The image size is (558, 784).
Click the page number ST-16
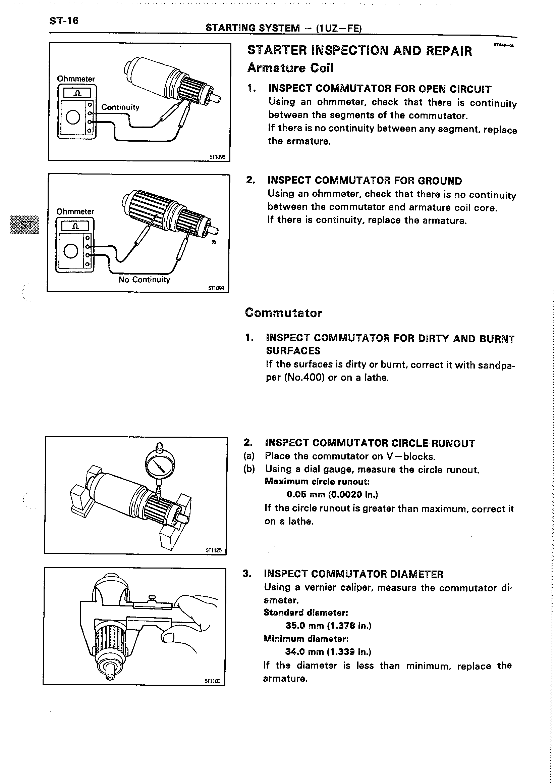point(64,21)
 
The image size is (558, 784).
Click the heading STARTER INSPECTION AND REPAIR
point(359,51)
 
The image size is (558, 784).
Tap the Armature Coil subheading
point(290,68)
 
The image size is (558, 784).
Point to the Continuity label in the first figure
point(120,107)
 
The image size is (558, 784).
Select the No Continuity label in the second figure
point(144,280)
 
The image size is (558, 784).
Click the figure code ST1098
point(217,157)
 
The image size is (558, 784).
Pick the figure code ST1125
point(214,550)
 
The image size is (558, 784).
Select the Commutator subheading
point(283,313)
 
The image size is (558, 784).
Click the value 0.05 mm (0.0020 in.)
point(332,494)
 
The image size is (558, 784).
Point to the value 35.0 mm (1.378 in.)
point(328,626)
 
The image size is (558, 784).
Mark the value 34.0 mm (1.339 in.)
point(328,652)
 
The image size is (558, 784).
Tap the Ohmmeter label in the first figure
point(76,79)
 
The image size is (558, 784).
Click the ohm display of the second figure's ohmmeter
point(75,226)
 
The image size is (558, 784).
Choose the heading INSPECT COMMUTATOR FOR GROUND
point(365,181)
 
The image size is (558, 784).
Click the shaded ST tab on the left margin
point(25,225)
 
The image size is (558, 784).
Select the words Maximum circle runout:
point(317,481)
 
